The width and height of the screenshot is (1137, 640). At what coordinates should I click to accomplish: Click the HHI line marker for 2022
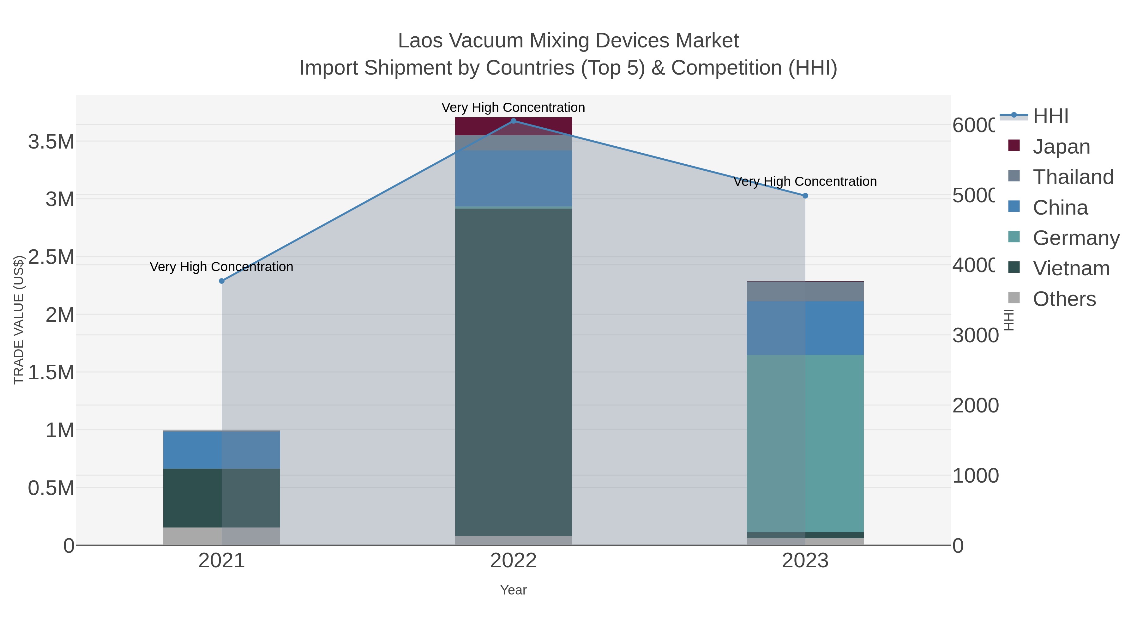[513, 121]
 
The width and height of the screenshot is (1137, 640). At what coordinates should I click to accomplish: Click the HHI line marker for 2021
[222, 281]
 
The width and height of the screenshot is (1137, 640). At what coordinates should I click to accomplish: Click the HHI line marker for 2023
[805, 196]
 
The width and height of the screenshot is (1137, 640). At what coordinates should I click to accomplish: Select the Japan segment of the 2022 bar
[513, 127]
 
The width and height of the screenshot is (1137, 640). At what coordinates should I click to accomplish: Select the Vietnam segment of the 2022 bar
[513, 371]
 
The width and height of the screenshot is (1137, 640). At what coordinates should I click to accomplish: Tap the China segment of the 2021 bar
[222, 450]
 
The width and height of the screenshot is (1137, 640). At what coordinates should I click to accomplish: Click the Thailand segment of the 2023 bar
[805, 291]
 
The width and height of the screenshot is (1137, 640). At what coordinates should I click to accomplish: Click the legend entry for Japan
[1061, 146]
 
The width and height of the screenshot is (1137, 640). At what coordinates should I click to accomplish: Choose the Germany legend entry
[1076, 238]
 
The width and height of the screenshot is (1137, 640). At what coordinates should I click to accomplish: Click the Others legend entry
[1064, 299]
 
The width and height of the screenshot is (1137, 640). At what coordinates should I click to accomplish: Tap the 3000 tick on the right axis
[975, 335]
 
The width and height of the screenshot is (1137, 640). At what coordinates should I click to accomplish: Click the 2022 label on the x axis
[513, 560]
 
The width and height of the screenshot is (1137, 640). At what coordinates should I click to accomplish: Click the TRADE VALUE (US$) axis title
[19, 320]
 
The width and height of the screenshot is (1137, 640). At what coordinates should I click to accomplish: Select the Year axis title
[513, 590]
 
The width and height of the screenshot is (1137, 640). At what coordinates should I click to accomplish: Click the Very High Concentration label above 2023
[805, 181]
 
